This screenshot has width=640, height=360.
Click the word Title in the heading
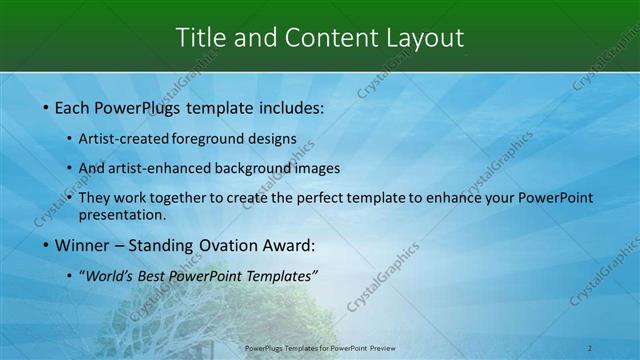pyautogui.click(x=198, y=38)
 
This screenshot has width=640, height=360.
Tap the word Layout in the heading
pyautogui.click(x=424, y=38)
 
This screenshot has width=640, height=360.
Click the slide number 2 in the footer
pyautogui.click(x=590, y=348)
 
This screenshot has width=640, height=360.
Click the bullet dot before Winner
pyautogui.click(x=45, y=245)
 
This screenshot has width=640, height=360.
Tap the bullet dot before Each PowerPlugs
pyautogui.click(x=45, y=106)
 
